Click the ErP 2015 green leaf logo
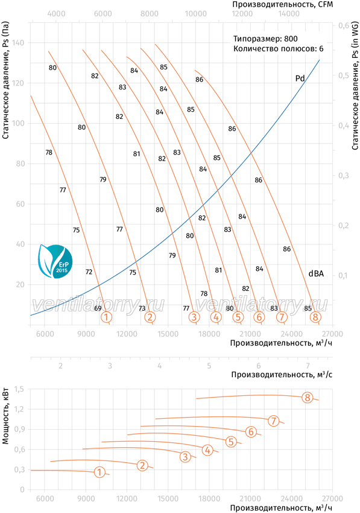pyautogui.click(x=55, y=261)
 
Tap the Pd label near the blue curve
pyautogui.click(x=300, y=78)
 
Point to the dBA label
pyautogui.click(x=316, y=273)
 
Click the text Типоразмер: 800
pyautogui.click(x=265, y=39)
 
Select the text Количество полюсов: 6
pyautogui.click(x=278, y=48)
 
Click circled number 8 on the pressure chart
pyautogui.click(x=315, y=317)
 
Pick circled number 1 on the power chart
pyautogui.click(x=99, y=472)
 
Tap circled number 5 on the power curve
pyautogui.click(x=231, y=442)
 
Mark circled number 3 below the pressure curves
pyautogui.click(x=194, y=317)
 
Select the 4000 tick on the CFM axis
pyautogui.click(x=56, y=13)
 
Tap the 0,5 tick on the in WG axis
pyautogui.click(x=343, y=75)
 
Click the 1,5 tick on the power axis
pyautogui.click(x=19, y=389)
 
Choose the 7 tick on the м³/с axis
pyautogui.click(x=308, y=365)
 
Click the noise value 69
pyautogui.click(x=98, y=308)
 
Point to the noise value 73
pyautogui.click(x=142, y=308)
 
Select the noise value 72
pyautogui.click(x=89, y=272)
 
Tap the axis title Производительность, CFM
pyautogui.click(x=282, y=4)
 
